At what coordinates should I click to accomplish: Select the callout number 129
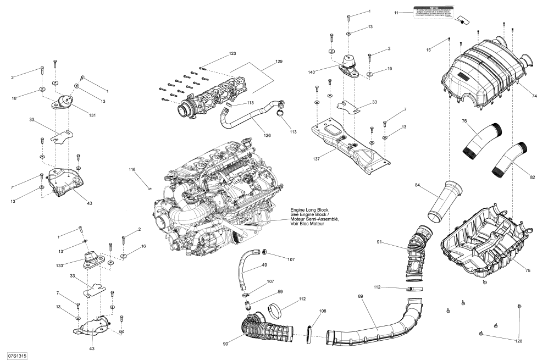(x=279, y=62)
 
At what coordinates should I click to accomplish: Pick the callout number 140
(x=326, y=72)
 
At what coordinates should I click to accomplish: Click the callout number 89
(x=361, y=297)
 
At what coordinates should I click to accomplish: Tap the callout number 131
(x=92, y=114)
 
